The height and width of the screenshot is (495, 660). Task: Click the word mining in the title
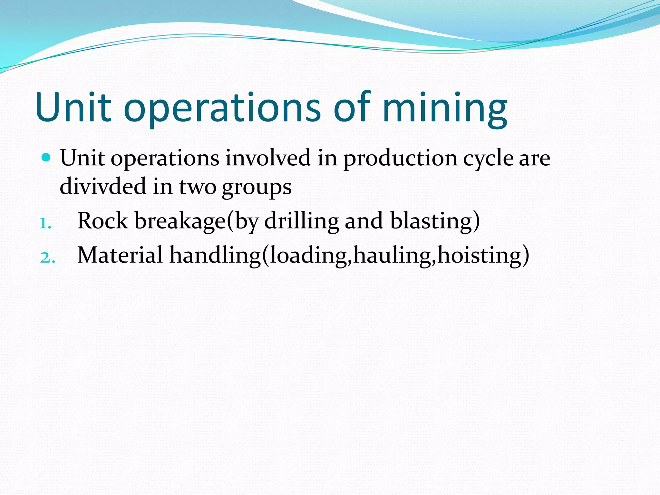(x=445, y=108)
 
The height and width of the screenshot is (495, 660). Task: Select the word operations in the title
(x=222, y=108)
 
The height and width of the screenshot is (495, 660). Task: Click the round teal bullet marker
(x=46, y=158)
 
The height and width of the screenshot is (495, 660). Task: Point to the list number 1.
(x=45, y=223)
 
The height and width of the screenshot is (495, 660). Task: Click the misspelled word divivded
(x=103, y=186)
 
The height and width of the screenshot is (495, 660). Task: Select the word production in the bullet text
(x=400, y=159)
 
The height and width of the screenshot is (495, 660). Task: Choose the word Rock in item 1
(x=102, y=221)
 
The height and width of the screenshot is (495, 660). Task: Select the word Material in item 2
(x=120, y=255)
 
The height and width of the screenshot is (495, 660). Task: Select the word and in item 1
(x=364, y=221)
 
